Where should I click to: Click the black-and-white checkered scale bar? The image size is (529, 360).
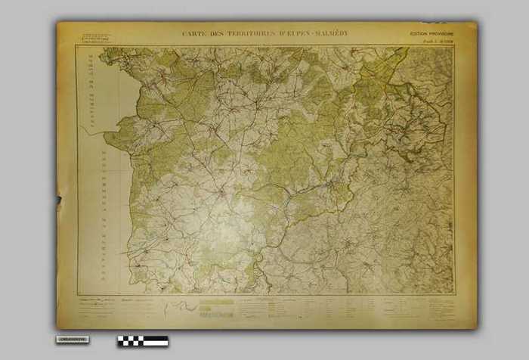point(143,341)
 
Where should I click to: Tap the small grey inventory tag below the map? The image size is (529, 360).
point(73,340)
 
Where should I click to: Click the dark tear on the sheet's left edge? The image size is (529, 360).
point(59,200)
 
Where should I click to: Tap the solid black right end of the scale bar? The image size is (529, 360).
point(158,341)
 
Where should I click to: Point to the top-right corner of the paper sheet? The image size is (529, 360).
point(476,23)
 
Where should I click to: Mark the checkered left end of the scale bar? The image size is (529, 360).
point(123,341)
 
